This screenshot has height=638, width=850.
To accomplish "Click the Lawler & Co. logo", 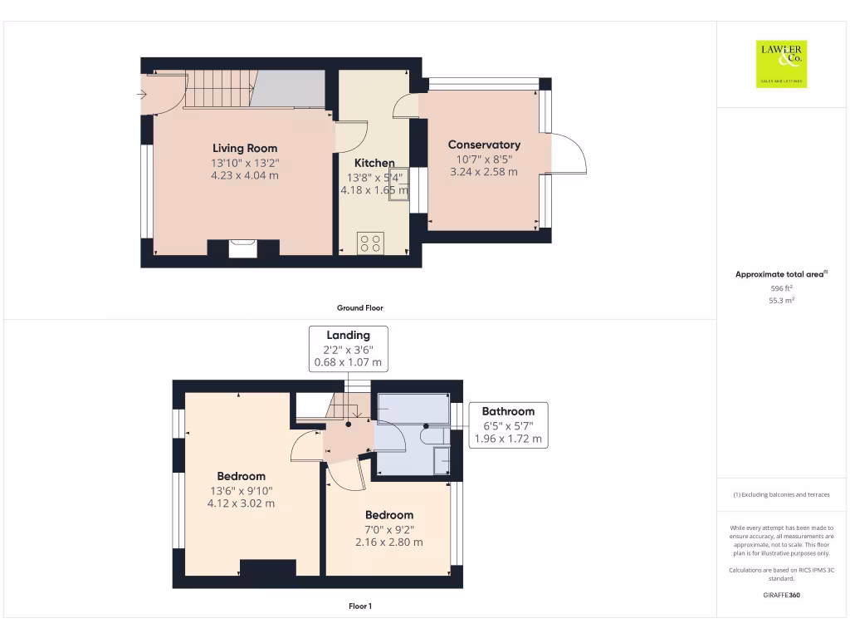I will click(x=781, y=64).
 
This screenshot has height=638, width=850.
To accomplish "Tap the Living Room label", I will click(x=244, y=149).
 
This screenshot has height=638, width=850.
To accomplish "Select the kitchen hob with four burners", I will click(x=369, y=243).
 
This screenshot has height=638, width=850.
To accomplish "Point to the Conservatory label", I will click(x=484, y=145).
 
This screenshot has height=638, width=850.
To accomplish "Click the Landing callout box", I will click(x=349, y=348).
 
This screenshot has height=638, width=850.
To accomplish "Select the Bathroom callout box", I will click(x=508, y=425).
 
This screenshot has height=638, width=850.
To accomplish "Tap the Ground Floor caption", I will click(x=359, y=307).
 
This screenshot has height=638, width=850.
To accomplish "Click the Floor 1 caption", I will click(x=359, y=606).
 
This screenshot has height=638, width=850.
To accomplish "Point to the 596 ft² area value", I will click(x=781, y=287).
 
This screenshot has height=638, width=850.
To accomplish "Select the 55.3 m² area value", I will click(x=781, y=300).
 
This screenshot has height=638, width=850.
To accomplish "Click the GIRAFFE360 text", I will click(x=781, y=595).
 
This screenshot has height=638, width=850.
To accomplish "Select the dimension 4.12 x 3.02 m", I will click(x=241, y=503).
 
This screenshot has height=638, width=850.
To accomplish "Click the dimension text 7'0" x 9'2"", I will click(x=388, y=529).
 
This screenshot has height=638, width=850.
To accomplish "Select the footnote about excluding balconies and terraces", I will click(x=781, y=494).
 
